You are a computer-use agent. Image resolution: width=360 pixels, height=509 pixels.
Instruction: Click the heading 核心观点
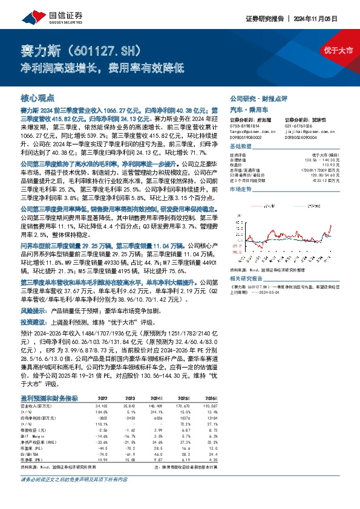[x=38, y=97]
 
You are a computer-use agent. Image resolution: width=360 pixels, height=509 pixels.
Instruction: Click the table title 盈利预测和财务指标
[x=49, y=381]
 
